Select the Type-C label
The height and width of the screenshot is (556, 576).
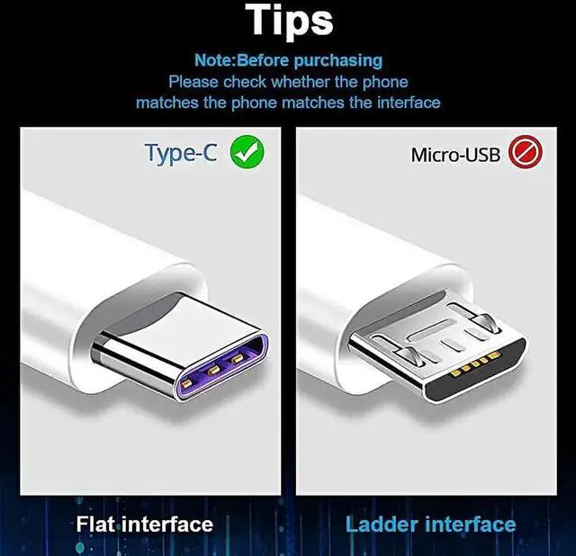[180, 153]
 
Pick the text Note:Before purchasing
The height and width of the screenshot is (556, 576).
[288, 61]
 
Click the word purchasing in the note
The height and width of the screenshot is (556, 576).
[340, 61]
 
